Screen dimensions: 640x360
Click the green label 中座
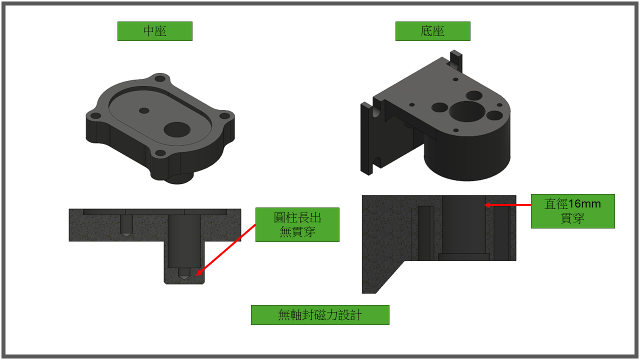(155, 31)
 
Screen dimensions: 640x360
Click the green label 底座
(433, 31)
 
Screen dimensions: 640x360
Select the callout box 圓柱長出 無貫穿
(297, 225)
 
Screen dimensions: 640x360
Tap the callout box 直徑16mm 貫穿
(573, 211)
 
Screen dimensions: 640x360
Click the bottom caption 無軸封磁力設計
(320, 315)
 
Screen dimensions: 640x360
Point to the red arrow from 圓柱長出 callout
(226, 250)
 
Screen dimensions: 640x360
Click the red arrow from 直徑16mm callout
(507, 205)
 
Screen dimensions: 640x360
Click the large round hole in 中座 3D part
(177, 129)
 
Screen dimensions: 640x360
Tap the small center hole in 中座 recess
(144, 110)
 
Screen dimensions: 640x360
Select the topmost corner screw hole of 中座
(160, 78)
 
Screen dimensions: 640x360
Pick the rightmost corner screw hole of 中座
(225, 116)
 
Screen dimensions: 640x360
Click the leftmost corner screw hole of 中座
(95, 116)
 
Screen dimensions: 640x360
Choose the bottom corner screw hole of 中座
(160, 153)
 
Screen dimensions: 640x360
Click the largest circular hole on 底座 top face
(467, 111)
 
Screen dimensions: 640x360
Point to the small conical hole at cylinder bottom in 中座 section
(183, 273)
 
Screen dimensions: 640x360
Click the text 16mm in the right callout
(584, 204)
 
